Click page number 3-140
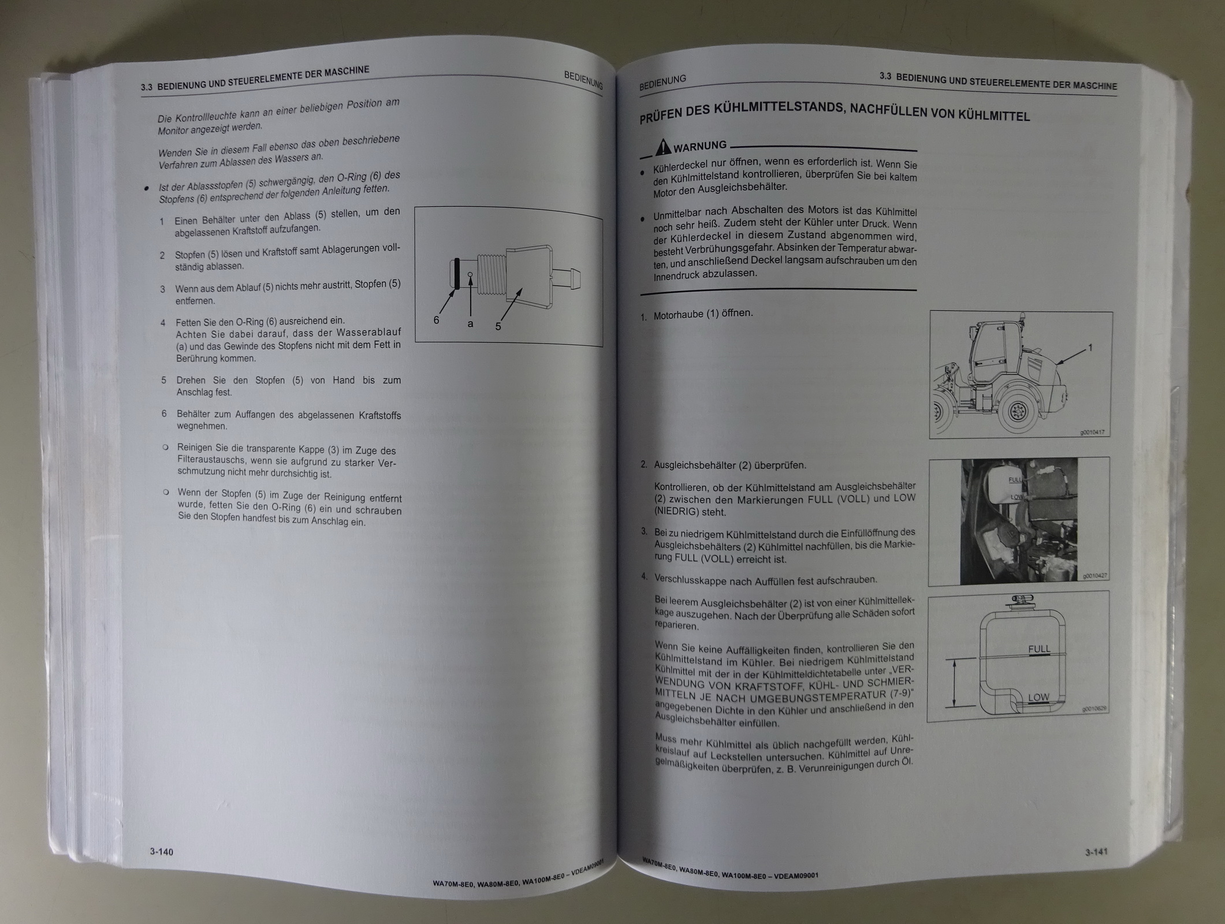[x=161, y=852]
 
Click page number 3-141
[x=1096, y=852]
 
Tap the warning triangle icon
[x=662, y=148]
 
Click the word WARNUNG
[x=700, y=146]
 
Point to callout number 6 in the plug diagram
[x=437, y=319]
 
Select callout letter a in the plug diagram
[x=470, y=324]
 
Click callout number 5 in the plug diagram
[x=498, y=326]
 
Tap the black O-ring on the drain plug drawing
[x=456, y=273]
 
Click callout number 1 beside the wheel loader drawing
[x=1090, y=347]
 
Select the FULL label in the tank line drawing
[x=1039, y=649]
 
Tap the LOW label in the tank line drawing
[x=1038, y=697]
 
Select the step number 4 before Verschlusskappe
[x=643, y=576]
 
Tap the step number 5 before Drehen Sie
[x=164, y=380]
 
